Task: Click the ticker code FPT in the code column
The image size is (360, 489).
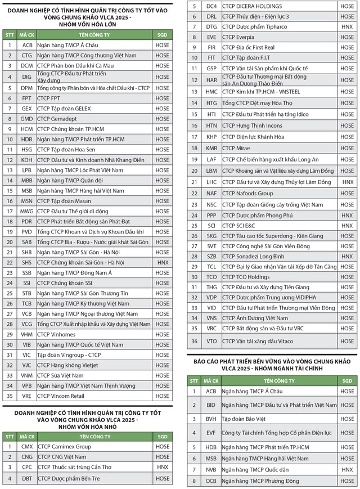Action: click(27, 98)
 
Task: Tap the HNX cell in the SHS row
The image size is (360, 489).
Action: click(162, 262)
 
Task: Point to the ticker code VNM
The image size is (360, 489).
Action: click(27, 375)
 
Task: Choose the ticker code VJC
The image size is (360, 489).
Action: click(27, 365)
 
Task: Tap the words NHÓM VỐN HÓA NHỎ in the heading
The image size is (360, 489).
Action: click(87, 427)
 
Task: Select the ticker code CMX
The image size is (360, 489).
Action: click(27, 447)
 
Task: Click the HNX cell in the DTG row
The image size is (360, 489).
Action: click(347, 26)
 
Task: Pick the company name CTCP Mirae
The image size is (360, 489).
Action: click(236, 149)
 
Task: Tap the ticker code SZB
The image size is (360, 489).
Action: click(211, 256)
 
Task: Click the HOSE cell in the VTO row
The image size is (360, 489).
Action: click(347, 340)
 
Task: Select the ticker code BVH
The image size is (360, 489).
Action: click(211, 419)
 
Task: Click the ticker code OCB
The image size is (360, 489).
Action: click(211, 481)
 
